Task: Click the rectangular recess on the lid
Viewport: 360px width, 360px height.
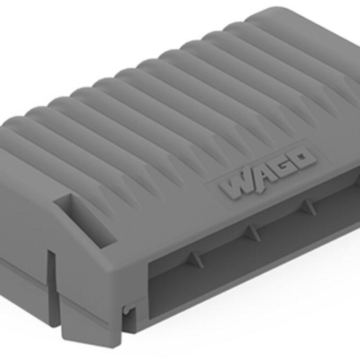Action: [85, 219]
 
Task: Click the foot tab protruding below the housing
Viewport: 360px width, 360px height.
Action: [90, 326]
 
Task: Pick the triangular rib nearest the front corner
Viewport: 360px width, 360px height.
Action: [196, 260]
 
